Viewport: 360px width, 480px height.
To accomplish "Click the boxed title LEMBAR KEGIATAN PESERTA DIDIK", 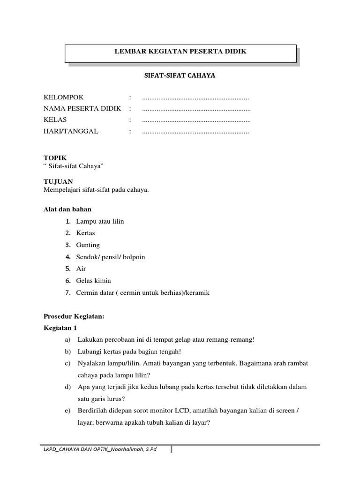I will (180, 52).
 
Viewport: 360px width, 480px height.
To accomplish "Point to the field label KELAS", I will (55, 120).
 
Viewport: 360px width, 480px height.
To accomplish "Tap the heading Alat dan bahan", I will (67, 209).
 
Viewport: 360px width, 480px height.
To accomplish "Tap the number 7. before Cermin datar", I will (68, 292).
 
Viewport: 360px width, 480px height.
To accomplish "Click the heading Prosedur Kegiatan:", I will (74, 316).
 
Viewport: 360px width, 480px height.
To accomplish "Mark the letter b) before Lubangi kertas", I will (68, 352).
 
